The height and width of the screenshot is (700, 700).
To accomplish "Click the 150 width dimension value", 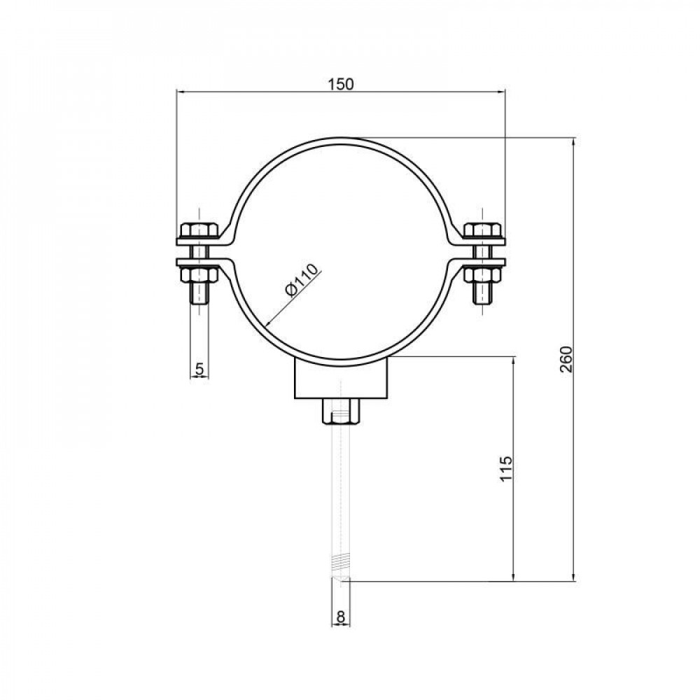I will (340, 83).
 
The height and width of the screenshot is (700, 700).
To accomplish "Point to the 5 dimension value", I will (199, 367).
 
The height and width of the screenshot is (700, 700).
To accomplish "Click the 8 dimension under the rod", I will (340, 616).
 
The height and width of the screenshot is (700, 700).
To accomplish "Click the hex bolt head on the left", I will (199, 230).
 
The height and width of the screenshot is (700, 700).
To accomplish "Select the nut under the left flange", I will (199, 274).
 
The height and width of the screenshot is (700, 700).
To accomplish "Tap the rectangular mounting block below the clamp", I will (340, 379).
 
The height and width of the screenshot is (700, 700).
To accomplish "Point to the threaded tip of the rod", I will (340, 567).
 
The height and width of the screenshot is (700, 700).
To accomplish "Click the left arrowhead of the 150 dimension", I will (179, 91).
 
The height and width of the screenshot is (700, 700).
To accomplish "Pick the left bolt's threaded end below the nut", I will (199, 293).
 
